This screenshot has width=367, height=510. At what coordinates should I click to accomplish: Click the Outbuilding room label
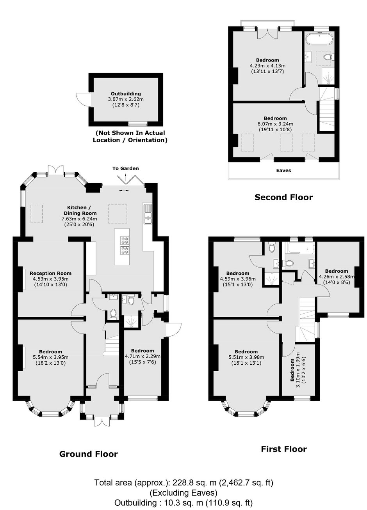coord(126,94)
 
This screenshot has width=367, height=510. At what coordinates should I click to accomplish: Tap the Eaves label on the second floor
coord(283,170)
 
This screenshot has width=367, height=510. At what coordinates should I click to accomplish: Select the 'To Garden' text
coord(125,168)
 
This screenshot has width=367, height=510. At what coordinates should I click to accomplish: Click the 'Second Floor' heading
coord(283,197)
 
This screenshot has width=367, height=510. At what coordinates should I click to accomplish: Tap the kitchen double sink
coord(148,214)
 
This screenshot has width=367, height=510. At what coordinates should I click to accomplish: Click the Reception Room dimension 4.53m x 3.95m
coord(50,279)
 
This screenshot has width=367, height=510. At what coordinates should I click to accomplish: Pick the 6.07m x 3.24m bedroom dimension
coord(275,124)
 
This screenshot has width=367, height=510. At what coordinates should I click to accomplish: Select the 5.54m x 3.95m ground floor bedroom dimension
coord(50,357)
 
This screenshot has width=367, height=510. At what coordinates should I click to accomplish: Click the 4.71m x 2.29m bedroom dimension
coord(143,356)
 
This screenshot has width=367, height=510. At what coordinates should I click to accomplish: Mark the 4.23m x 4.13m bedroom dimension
coord(267,66)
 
